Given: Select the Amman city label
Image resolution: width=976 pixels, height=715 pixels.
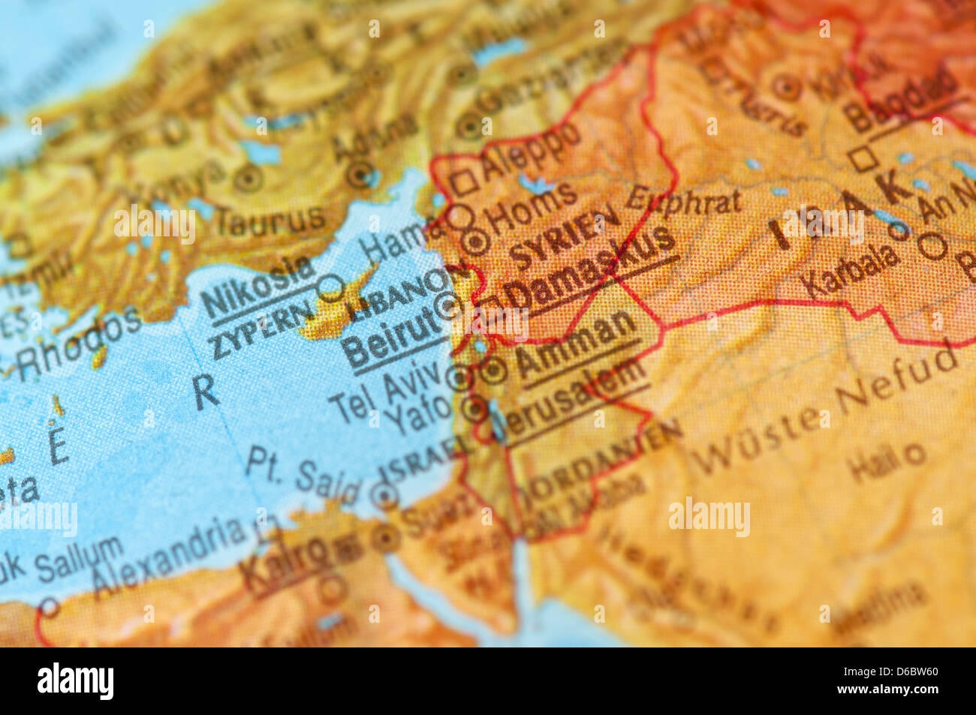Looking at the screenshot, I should point(576,343).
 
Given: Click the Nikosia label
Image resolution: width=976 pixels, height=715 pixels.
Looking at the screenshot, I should point(258,287).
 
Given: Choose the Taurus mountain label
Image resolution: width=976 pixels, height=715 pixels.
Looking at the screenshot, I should point(271,221).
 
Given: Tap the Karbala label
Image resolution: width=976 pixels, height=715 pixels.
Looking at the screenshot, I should point(849,271).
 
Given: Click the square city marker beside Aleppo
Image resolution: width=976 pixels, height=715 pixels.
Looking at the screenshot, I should point(464,182).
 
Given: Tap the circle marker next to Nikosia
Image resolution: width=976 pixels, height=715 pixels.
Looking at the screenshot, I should point(330,287).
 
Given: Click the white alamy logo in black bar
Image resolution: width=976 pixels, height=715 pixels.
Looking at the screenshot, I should point(76,681).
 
